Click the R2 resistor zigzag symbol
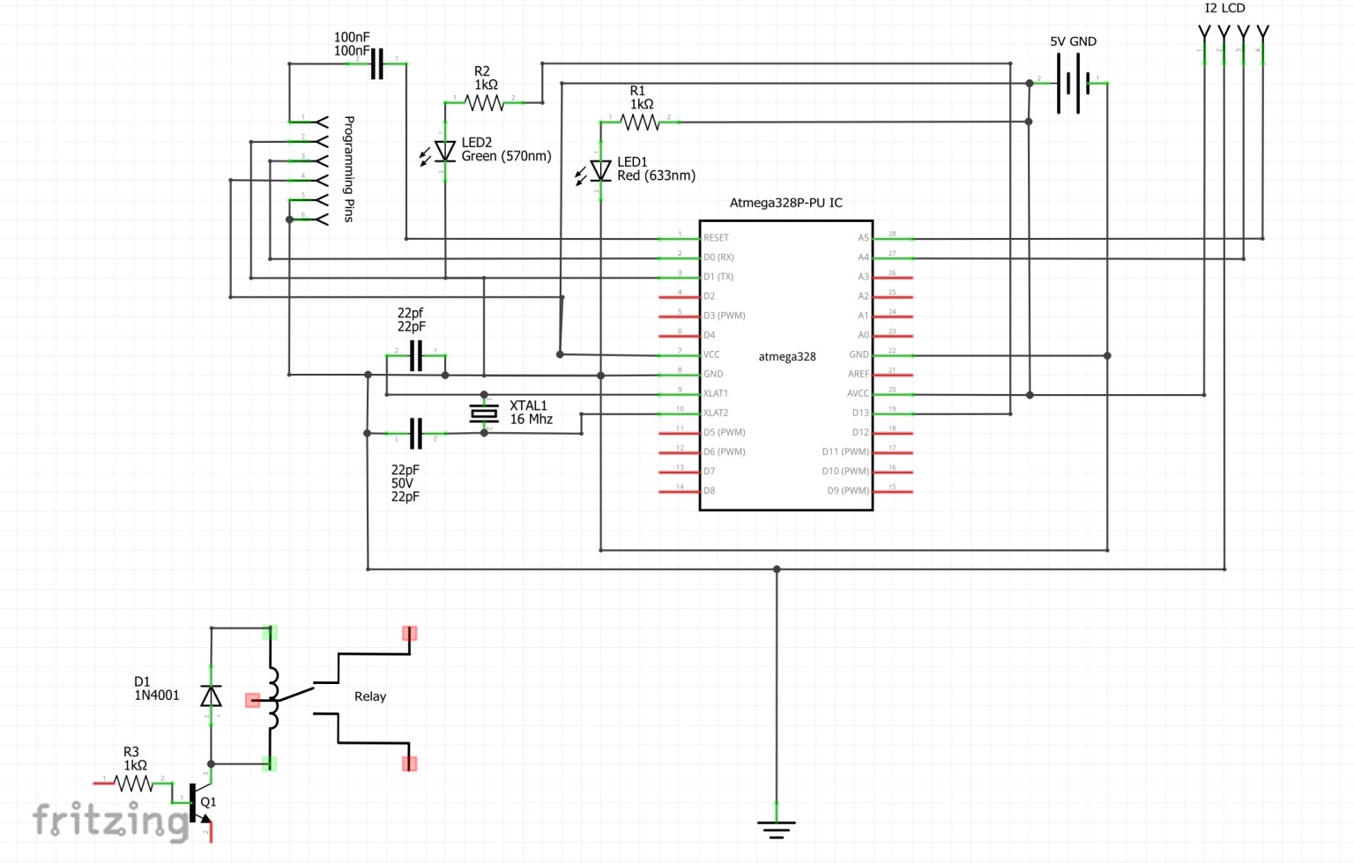tap(484, 103)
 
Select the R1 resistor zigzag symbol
tap(640, 123)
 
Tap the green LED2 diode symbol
tap(445, 153)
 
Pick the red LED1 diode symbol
tap(600, 170)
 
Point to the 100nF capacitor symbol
tap(377, 63)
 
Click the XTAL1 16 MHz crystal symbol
tap(484, 413)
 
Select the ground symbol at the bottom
tap(777, 828)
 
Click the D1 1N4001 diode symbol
tap(211, 696)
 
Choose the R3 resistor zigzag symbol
tap(134, 783)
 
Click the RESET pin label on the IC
tap(716, 238)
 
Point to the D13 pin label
tap(859, 413)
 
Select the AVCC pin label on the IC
tap(858, 393)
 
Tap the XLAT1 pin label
tap(716, 393)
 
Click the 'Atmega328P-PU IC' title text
tap(785, 203)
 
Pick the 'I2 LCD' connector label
tap(1224, 8)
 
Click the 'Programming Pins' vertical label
tap(349, 168)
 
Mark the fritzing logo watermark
tap(111, 821)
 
